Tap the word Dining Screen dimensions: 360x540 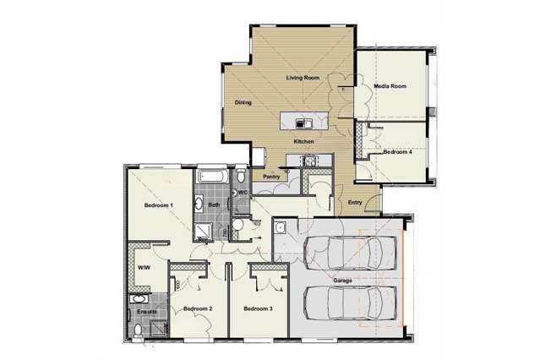pyautogui.click(x=243, y=104)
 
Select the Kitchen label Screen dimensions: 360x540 pyautogui.click(x=304, y=141)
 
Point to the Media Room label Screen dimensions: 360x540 pyautogui.click(x=390, y=86)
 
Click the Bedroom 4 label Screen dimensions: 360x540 pyautogui.click(x=397, y=152)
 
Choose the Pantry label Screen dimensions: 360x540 pyautogui.click(x=271, y=177)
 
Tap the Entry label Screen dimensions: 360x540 pyautogui.click(x=355, y=202)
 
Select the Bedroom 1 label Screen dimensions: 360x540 pyautogui.click(x=158, y=205)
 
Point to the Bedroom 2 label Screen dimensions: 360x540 pyautogui.click(x=197, y=309)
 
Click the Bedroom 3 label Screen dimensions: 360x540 pyautogui.click(x=258, y=309)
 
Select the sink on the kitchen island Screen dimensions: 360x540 pyautogui.click(x=288, y=119)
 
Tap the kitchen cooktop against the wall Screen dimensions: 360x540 pyautogui.click(x=305, y=160)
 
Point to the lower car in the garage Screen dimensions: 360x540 pyautogui.click(x=350, y=302)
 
